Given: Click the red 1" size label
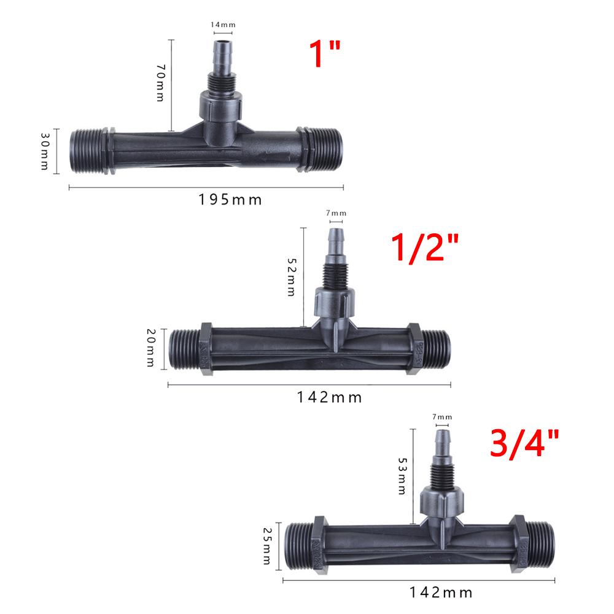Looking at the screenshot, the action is tap(325, 53).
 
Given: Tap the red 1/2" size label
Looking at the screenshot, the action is tap(424, 247).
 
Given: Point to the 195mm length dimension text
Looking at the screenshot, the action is tap(230, 200).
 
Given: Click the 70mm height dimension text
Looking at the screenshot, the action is tap(161, 83).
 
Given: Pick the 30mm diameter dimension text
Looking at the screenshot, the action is tap(45, 151).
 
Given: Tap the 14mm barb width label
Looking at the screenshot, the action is tap(223, 25).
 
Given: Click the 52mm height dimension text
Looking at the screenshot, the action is tap(292, 277).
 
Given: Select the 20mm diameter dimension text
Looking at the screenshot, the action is tap(151, 348).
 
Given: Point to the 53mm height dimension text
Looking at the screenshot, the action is tap(402, 476).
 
